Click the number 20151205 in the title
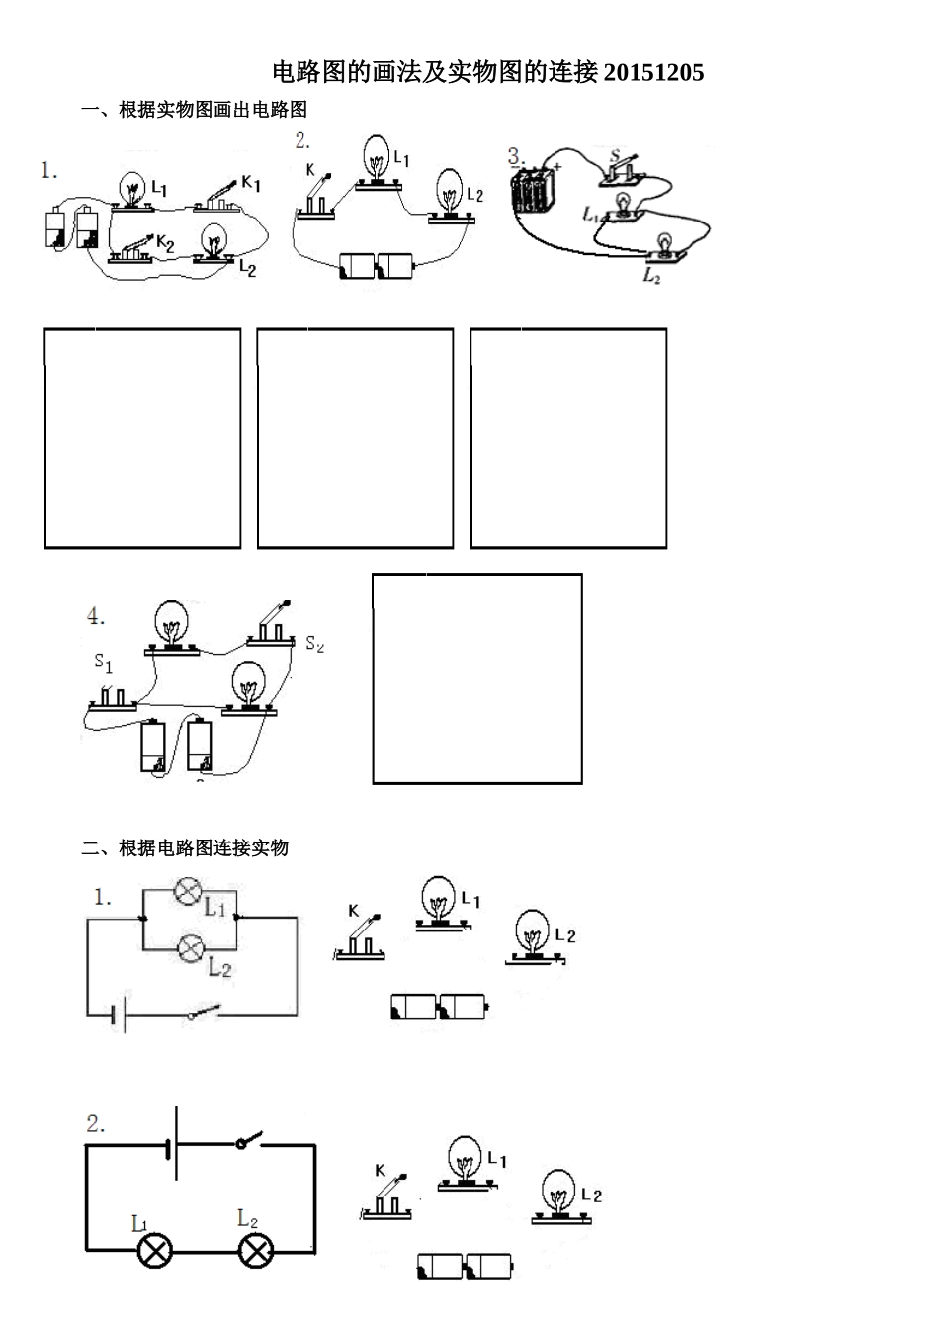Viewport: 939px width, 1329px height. (653, 72)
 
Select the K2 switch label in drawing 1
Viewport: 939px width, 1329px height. (165, 242)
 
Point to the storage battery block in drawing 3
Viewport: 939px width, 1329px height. (534, 191)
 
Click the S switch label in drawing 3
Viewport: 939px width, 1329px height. (615, 155)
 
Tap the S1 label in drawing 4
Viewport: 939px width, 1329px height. (103, 663)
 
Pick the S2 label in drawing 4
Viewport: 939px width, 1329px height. (315, 643)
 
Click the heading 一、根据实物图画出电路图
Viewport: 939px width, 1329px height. (195, 110)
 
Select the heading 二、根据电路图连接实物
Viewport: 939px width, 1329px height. (185, 847)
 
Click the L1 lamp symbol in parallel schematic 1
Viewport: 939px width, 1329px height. (188, 891)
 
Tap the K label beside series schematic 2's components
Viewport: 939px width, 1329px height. (381, 1183)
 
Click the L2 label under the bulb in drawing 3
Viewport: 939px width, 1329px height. (652, 275)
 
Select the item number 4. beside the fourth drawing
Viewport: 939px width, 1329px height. (96, 616)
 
